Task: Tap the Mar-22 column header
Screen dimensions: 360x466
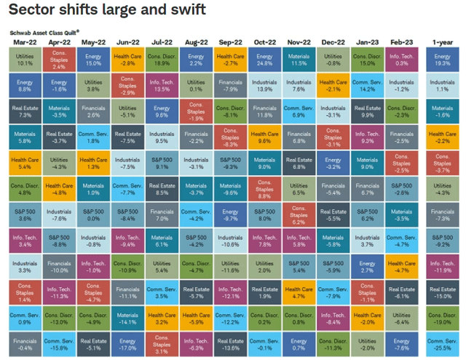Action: click(x=24, y=43)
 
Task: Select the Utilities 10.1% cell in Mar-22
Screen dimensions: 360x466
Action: click(x=24, y=60)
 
